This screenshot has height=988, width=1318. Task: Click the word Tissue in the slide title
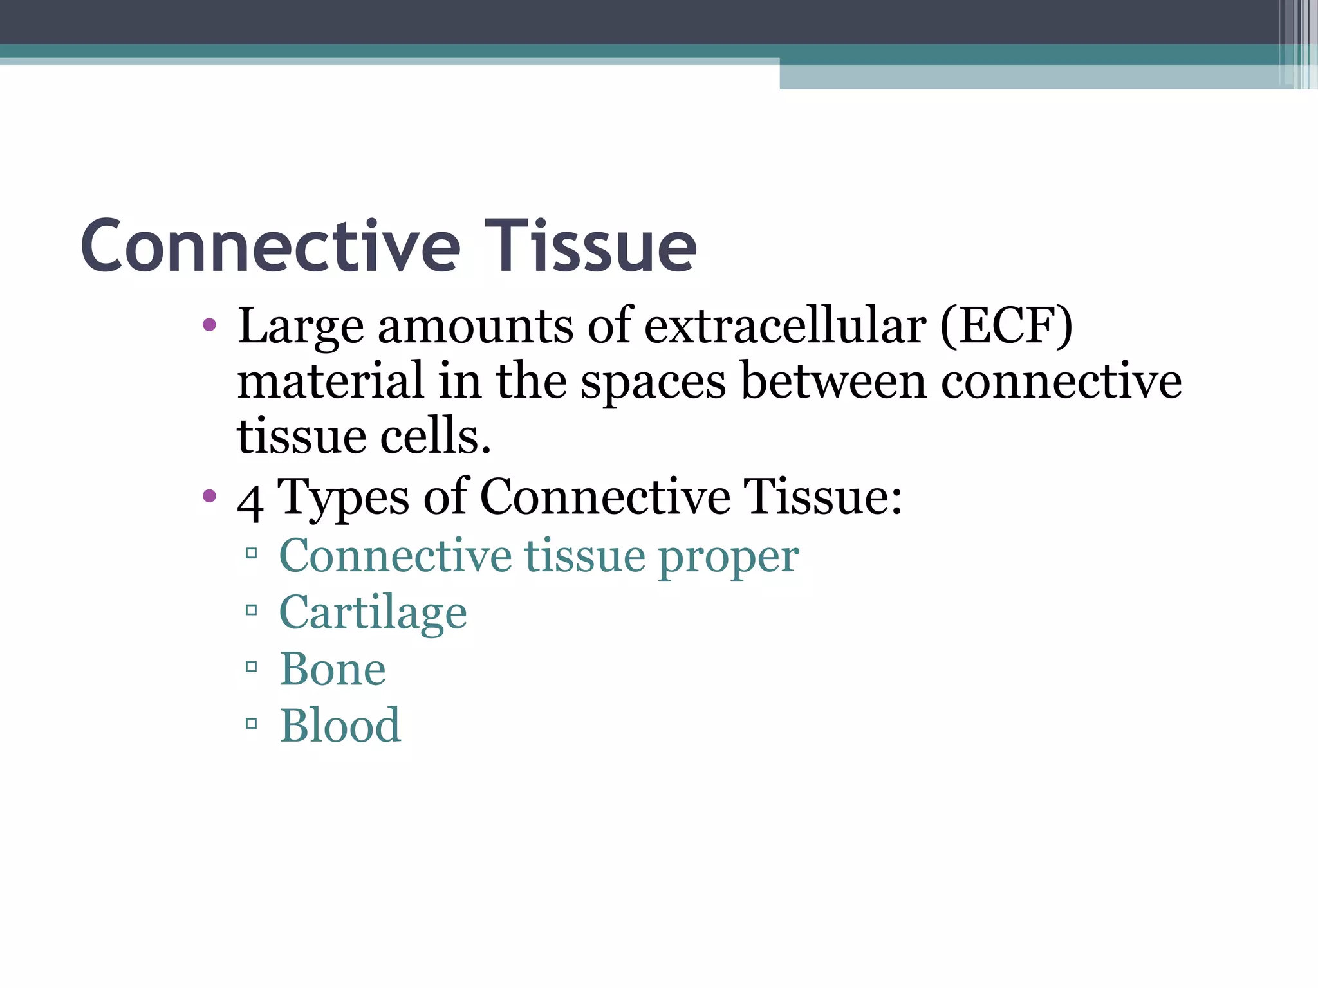coord(590,246)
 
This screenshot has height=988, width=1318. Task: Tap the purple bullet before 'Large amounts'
coord(209,325)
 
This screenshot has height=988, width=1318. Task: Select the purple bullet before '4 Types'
coord(209,496)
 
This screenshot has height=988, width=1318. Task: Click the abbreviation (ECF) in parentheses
coord(1006,326)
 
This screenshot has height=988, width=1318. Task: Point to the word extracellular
coord(784,326)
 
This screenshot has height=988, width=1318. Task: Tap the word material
coord(330,381)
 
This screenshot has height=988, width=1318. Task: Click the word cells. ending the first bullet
coord(435,436)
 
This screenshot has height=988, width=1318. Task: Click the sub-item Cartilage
coord(373,613)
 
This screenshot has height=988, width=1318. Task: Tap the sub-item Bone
coord(333,669)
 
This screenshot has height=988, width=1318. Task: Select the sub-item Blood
coord(340,726)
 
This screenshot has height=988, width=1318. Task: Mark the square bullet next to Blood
coord(252,724)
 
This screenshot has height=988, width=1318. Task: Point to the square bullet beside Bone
coord(252,667)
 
